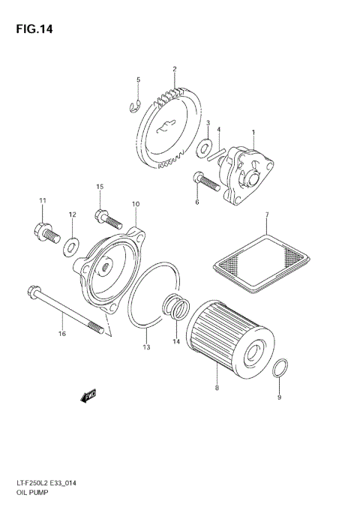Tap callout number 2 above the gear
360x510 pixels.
[174, 70]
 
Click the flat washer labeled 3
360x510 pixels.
[204, 148]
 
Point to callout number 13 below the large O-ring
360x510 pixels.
[146, 348]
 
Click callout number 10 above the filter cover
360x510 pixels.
[136, 204]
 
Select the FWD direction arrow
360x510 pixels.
[89, 394]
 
